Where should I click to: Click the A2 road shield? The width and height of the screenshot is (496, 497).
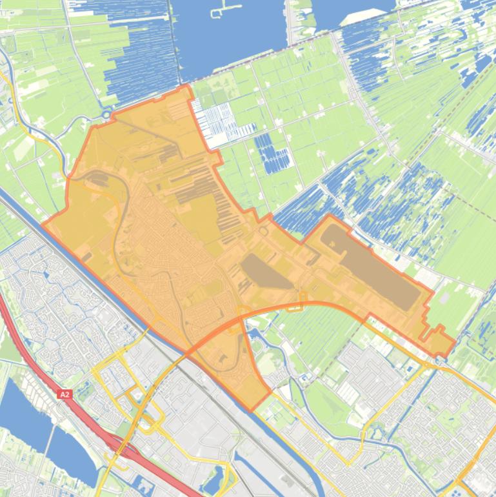click(64, 394)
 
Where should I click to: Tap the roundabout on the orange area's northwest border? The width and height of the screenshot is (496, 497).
click(107, 115)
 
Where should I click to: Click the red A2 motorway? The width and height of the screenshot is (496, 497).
click(39, 361)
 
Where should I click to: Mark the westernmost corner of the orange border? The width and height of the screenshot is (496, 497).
click(43, 224)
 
